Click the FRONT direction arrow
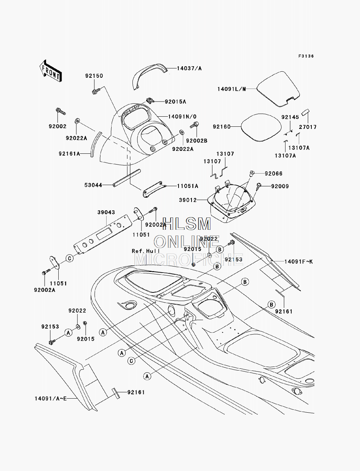tap(51, 71)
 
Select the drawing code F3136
tap(306, 56)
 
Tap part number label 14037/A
tap(189, 68)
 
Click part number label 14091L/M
tap(232, 89)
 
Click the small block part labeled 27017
tap(306, 112)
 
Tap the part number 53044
tap(93, 185)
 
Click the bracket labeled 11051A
tap(154, 189)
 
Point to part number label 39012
tap(188, 200)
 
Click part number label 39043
tap(106, 212)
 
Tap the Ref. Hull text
tap(146, 251)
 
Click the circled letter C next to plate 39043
tap(70, 258)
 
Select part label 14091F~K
tap(299, 262)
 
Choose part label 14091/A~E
tap(51, 399)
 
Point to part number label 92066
tap(274, 174)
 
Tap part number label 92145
tap(290, 117)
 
